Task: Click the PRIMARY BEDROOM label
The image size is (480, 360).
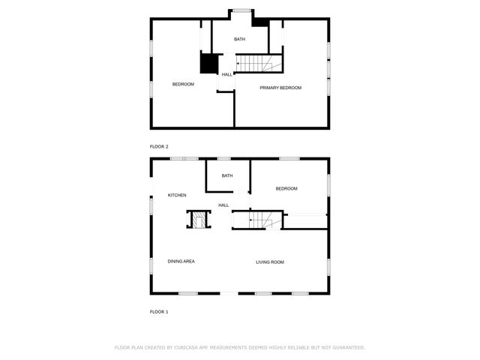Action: click(x=280, y=88)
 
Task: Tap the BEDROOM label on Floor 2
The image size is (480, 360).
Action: click(x=183, y=84)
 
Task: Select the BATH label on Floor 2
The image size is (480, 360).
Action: click(x=239, y=39)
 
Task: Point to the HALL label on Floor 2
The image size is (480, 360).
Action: click(x=226, y=74)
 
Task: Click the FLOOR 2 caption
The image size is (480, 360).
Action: click(x=159, y=146)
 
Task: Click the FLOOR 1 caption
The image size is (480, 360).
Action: click(x=159, y=311)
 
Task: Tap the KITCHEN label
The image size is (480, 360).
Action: click(x=177, y=195)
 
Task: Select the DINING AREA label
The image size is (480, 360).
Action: click(x=181, y=261)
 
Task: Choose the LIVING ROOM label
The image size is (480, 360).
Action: click(x=269, y=262)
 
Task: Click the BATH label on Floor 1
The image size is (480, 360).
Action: click(x=226, y=175)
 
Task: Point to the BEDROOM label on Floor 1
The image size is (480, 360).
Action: click(x=286, y=188)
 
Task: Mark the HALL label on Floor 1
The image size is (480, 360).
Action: click(x=223, y=205)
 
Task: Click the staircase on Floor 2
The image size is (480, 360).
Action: click(x=259, y=64)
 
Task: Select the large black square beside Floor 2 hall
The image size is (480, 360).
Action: click(x=208, y=64)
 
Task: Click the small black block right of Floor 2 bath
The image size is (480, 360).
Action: click(x=260, y=22)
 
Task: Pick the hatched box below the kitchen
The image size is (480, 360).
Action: click(x=199, y=220)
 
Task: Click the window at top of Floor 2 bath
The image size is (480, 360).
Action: click(x=241, y=10)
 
